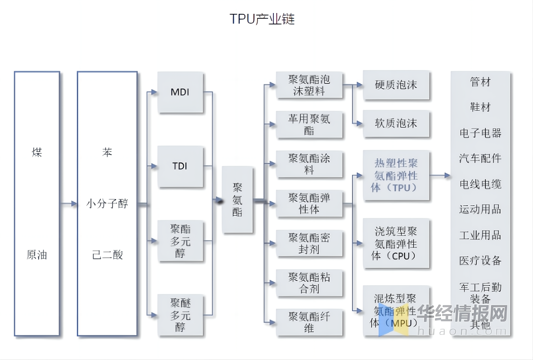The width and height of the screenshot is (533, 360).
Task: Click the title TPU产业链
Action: [262, 19]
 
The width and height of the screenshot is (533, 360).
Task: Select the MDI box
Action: [180, 92]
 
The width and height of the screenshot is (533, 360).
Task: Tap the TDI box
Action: [180, 166]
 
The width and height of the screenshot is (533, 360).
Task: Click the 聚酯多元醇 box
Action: [180, 241]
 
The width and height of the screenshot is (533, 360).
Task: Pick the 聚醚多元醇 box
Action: [180, 315]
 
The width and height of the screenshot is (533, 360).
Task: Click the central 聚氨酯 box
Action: [237, 200]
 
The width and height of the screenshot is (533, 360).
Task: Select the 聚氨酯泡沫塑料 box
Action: [309, 85]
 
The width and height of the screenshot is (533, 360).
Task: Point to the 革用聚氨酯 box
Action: [309, 124]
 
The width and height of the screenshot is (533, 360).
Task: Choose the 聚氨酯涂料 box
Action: [309, 164]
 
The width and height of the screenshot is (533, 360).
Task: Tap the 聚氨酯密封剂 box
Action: [309, 243]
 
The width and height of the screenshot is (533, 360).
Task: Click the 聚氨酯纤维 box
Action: [309, 322]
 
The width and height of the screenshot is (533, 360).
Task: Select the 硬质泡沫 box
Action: [396, 85]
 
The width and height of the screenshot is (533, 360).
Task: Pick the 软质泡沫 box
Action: [396, 123]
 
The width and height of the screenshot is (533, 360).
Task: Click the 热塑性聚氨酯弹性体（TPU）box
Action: [396, 175]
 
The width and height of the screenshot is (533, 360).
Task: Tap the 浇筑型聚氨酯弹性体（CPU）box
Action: [396, 243]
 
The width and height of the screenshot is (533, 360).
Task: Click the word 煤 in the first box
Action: [37, 152]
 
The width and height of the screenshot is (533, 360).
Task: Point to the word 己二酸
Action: [107, 255]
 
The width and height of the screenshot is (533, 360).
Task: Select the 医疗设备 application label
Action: [480, 261]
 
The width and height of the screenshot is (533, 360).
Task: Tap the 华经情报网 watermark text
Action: [462, 314]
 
